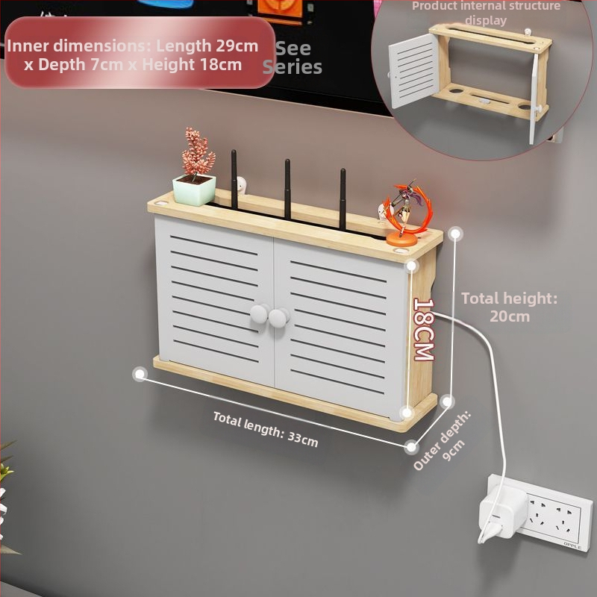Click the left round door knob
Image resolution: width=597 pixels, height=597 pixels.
coord(259,313)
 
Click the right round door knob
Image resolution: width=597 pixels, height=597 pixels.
coord(278,318)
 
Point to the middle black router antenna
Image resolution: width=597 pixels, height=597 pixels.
coord(287,189)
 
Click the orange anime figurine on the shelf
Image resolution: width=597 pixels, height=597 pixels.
coord(407,213)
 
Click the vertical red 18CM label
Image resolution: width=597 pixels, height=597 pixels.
coord(424,329)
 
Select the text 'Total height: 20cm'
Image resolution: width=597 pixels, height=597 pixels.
coord(510,307)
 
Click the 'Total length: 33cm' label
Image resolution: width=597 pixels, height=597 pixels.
coord(266,429)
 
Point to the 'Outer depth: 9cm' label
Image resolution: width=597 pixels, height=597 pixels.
coord(443,441)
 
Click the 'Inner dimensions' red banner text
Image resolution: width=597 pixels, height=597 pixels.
coord(133,54)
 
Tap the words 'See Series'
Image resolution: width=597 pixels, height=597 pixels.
coord(293,57)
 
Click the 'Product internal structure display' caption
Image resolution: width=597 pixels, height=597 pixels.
coord(486,13)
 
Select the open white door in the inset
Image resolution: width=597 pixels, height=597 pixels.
coord(413,70)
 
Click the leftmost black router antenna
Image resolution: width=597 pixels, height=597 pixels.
coord(234,180)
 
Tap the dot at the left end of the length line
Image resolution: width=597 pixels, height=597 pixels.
coord(140,375)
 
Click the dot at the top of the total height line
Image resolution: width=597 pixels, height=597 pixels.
coord(456,234)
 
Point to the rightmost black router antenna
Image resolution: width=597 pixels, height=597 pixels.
coord(343,199)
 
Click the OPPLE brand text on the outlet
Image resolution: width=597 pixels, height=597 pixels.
coord(572,546)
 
